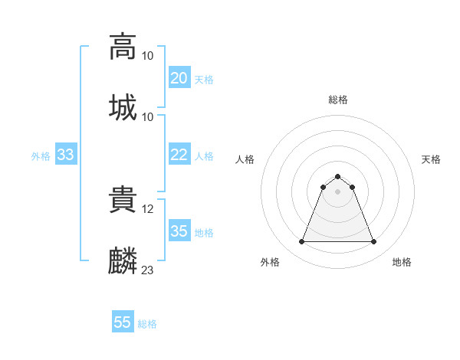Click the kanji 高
pos(123,46)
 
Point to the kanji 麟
pos(123,260)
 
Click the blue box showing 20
pos(179,78)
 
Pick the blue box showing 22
pos(179,155)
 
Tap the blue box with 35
pos(179,231)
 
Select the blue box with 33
pos(65,155)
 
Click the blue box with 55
pos(122,322)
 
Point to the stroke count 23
pos(148,270)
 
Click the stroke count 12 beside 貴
pos(148,208)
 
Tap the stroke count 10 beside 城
pos(148,116)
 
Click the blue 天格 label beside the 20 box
pos(204,79)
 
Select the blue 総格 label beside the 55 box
pos(147,323)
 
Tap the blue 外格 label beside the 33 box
pos(41,155)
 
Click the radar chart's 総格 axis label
pos(337,100)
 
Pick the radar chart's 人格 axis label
pos(245,159)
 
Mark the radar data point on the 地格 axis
pos(373,242)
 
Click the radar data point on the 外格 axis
pos(301,242)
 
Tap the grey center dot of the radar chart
pos(337,191)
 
